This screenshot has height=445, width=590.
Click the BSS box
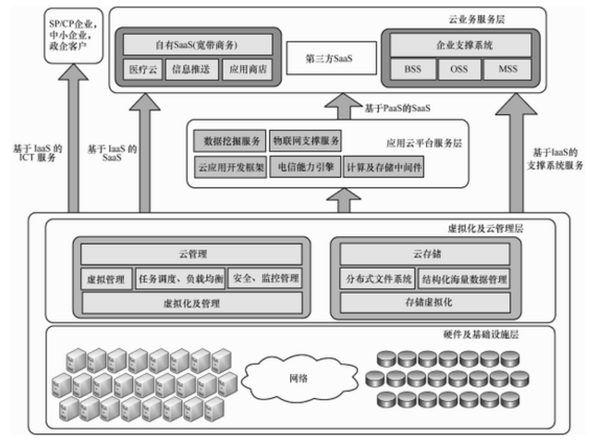point(412,70)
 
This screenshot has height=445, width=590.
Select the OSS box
point(458,70)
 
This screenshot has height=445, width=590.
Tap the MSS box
point(506,70)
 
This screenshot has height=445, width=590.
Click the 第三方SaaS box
point(330,60)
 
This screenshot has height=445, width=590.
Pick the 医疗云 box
point(143,70)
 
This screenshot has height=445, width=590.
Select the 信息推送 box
point(192,70)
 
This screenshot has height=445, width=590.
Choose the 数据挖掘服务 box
point(228,142)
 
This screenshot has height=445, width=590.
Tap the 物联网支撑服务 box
point(306,142)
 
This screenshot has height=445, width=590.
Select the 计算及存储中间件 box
point(384,168)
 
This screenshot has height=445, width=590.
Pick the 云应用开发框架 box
point(228,168)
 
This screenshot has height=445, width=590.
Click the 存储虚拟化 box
point(425,303)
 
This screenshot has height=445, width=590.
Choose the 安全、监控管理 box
point(265,279)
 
